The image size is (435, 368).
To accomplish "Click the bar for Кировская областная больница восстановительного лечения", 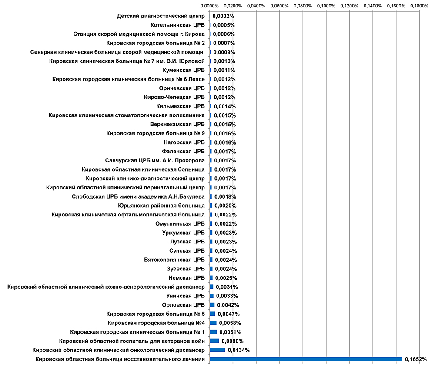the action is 306,359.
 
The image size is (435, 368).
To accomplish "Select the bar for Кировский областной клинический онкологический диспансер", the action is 217,350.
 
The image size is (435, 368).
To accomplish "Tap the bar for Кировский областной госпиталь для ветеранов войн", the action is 214,341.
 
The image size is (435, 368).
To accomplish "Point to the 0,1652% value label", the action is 416,359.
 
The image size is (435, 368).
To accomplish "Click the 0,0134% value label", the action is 239,350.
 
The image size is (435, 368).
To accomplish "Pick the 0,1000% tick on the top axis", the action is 326,6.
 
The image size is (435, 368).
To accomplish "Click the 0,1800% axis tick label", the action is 419,6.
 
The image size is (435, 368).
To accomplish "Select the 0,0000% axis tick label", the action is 210,6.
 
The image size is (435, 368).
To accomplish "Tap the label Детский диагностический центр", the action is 161,16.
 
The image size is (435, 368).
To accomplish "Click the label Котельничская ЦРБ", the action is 177,25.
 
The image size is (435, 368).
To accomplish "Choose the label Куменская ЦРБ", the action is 184,70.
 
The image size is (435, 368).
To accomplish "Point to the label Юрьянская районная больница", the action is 161,206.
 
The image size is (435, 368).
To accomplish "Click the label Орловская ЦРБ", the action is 184,305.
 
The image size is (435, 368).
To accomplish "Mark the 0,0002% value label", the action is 223,16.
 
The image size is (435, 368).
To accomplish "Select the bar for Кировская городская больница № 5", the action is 212,314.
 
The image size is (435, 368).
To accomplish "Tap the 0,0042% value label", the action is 228,305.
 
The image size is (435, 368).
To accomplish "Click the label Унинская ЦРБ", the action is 185,296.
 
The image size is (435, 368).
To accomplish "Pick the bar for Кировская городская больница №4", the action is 213,323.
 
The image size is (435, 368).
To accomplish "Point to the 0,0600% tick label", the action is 279,6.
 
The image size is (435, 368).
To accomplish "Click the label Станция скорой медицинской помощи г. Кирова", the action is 139,34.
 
